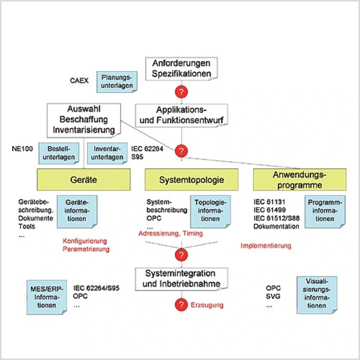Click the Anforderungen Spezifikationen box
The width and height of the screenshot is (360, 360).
(x=181, y=69)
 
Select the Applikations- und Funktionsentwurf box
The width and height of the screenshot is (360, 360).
(x=181, y=115)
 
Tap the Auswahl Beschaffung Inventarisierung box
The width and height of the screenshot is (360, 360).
(x=84, y=120)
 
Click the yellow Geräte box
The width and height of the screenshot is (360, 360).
(x=84, y=180)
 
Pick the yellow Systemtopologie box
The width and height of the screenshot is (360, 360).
(x=191, y=180)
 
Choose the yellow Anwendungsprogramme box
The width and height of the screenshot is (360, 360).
(x=300, y=180)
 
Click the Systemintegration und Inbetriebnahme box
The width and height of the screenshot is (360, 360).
(x=181, y=279)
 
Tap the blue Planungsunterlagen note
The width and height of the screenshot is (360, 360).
(x=117, y=82)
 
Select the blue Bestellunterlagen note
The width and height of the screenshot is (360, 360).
(x=59, y=153)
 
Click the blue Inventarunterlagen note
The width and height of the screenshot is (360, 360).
(x=107, y=153)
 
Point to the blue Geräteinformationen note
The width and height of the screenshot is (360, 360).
(x=77, y=211)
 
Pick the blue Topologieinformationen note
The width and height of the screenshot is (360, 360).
(x=210, y=211)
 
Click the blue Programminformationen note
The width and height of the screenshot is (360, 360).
(x=325, y=211)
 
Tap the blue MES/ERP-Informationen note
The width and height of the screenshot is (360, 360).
(x=47, y=297)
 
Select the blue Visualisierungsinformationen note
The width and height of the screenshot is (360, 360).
(x=317, y=294)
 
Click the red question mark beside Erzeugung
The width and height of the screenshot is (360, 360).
(x=181, y=305)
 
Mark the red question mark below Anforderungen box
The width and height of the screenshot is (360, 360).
(x=181, y=92)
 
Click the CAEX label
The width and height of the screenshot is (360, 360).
(x=79, y=81)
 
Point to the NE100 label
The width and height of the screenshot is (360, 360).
(x=22, y=149)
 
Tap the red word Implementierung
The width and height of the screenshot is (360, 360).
(x=266, y=246)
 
